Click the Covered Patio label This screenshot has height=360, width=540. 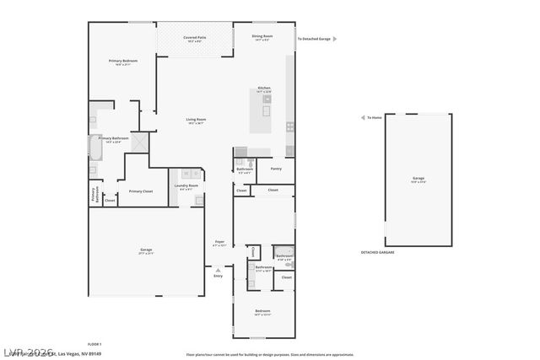coord(197,37)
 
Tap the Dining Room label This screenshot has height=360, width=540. coord(262,36)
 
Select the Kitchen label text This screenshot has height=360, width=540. coord(264,88)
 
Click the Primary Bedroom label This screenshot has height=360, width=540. coord(123,62)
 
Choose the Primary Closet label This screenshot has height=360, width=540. coord(140,191)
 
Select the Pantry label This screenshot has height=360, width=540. coord(276,169)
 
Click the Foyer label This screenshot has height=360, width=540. coord(219,242)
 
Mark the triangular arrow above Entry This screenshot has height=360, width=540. coord(218,270)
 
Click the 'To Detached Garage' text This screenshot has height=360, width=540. coord(314,39)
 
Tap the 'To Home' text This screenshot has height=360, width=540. coord(374,118)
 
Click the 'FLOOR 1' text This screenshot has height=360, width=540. coord(94,344)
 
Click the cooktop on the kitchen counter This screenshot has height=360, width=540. coord(290,126)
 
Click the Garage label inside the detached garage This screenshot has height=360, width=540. coord(418,179)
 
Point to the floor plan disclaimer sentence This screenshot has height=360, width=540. coord(270,354)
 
